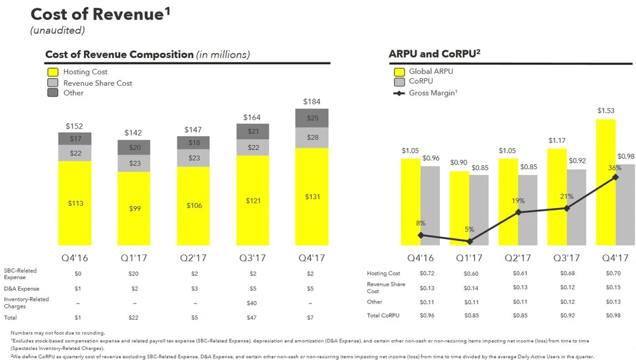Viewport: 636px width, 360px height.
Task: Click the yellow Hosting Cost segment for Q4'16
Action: [75, 203]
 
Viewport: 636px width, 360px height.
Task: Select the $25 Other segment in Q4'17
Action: [312, 118]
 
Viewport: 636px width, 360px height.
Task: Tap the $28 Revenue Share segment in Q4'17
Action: [312, 137]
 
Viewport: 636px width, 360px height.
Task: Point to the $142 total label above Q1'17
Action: [134, 132]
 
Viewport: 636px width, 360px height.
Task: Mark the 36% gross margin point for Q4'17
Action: [616, 177]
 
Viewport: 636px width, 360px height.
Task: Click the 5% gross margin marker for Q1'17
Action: [469, 242]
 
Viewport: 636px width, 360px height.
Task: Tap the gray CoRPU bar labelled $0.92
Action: [576, 207]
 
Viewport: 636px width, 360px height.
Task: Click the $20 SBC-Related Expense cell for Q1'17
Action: [134, 273]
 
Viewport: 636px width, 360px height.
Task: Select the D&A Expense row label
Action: [21, 288]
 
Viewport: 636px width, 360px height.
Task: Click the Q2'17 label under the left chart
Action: [193, 258]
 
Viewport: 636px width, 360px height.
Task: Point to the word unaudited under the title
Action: [57, 30]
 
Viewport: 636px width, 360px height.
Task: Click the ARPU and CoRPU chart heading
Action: [434, 54]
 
